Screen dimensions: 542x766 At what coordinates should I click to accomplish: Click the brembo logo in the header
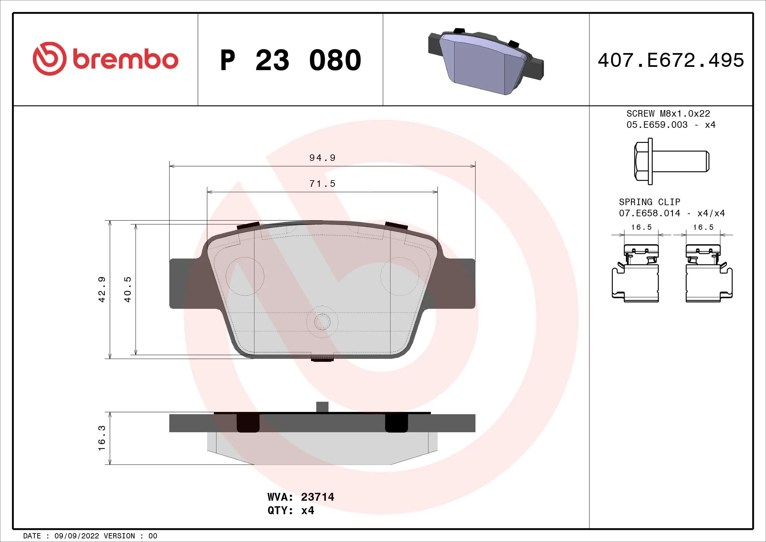(x=105, y=59)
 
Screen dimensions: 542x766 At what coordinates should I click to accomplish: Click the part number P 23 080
(x=290, y=60)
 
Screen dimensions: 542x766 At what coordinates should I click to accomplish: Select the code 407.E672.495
(x=671, y=60)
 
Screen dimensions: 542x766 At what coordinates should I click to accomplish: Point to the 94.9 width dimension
(x=322, y=158)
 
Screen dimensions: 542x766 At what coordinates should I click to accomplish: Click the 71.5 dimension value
(x=322, y=184)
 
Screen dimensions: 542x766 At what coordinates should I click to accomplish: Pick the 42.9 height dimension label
(x=102, y=289)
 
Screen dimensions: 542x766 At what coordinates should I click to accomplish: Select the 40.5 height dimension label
(x=128, y=289)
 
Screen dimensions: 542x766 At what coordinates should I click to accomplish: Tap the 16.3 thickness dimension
(x=102, y=438)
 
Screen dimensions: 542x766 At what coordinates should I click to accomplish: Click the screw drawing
(x=671, y=161)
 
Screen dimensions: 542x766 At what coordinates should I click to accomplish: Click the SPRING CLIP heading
(x=649, y=202)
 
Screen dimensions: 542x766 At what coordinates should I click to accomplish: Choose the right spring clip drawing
(x=709, y=273)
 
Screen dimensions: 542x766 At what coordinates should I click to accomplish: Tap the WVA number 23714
(x=317, y=497)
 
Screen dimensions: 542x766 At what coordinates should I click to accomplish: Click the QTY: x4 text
(x=290, y=511)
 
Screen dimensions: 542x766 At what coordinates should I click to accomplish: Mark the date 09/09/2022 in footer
(x=76, y=536)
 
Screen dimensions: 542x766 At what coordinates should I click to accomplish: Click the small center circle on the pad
(x=322, y=321)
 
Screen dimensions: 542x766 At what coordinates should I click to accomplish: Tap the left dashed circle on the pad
(x=245, y=276)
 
